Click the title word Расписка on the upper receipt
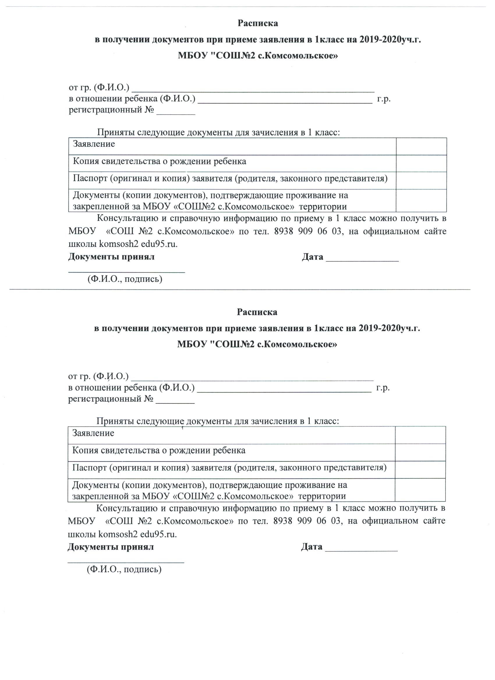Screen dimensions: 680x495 coord(258,23)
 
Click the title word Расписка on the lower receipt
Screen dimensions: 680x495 coord(257,312)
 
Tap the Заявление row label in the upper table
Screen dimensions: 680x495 coord(94,144)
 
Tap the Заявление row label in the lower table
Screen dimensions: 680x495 coord(93,433)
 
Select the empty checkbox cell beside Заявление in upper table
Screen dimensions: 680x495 coord(421,146)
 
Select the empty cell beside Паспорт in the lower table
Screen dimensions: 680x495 coord(420,469)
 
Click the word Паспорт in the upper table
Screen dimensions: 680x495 coord(90,178)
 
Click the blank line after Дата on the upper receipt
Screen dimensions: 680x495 coord(362,260)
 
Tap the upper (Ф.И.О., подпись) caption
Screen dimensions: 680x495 coord(125,280)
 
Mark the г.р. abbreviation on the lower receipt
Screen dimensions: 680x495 coord(383,388)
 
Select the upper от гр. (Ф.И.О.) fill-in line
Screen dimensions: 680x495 coord(253,89)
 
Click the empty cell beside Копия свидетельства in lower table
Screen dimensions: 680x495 coord(420,452)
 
